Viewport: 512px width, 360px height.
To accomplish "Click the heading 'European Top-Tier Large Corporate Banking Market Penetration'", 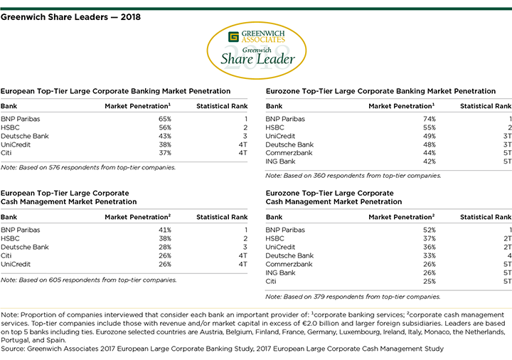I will (x=116, y=91).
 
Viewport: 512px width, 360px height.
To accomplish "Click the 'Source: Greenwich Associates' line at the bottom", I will (x=222, y=349).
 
